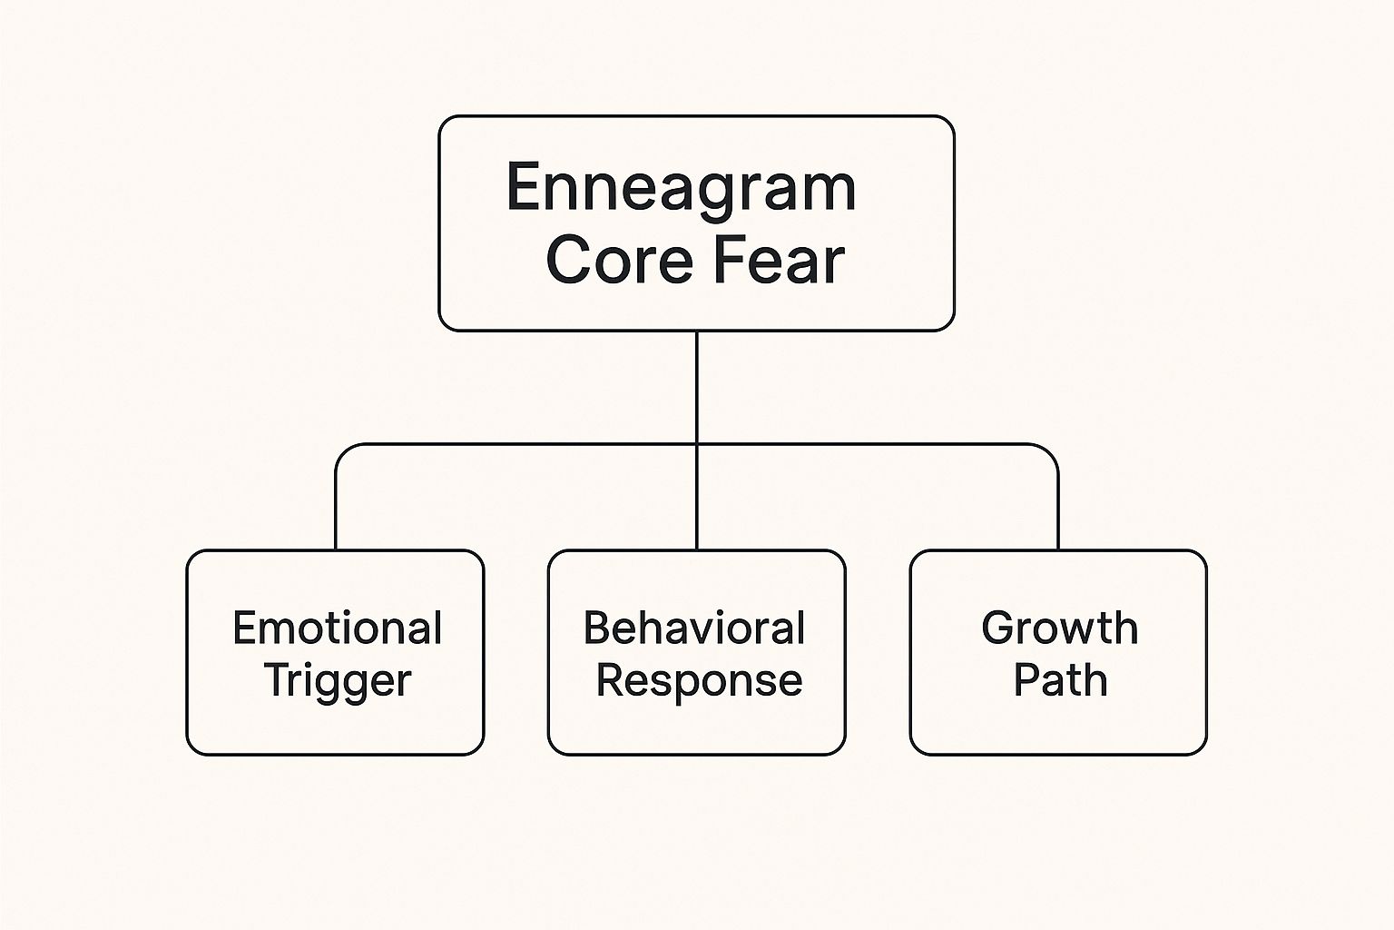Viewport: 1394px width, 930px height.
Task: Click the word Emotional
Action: (x=338, y=628)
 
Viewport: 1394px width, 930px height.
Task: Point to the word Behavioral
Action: (x=694, y=628)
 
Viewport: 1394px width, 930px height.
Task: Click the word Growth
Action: (x=1060, y=628)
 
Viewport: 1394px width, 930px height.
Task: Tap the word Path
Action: (x=1061, y=679)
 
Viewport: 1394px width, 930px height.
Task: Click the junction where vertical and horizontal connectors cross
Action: (x=696, y=444)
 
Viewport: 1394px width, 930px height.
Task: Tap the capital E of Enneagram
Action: (x=523, y=187)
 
